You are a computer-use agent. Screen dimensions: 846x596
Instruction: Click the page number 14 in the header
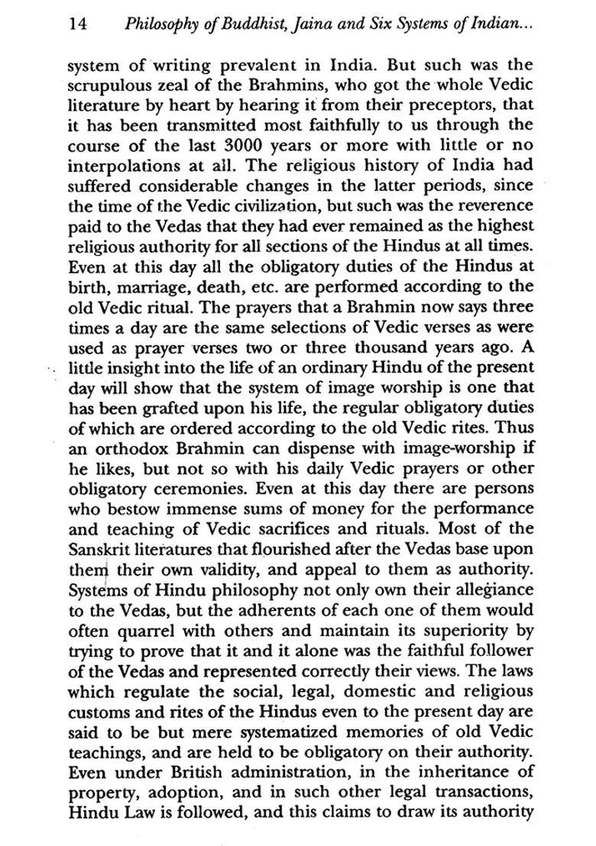[77, 24]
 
